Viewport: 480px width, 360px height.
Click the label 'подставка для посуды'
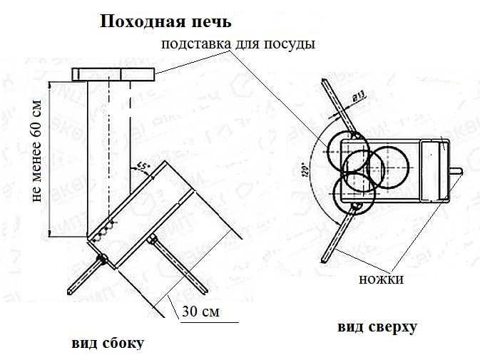[238, 44]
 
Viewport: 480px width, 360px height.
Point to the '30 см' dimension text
[201, 312]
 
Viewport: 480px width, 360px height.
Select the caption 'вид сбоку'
[108, 343]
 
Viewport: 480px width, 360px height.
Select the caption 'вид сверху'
[377, 328]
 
